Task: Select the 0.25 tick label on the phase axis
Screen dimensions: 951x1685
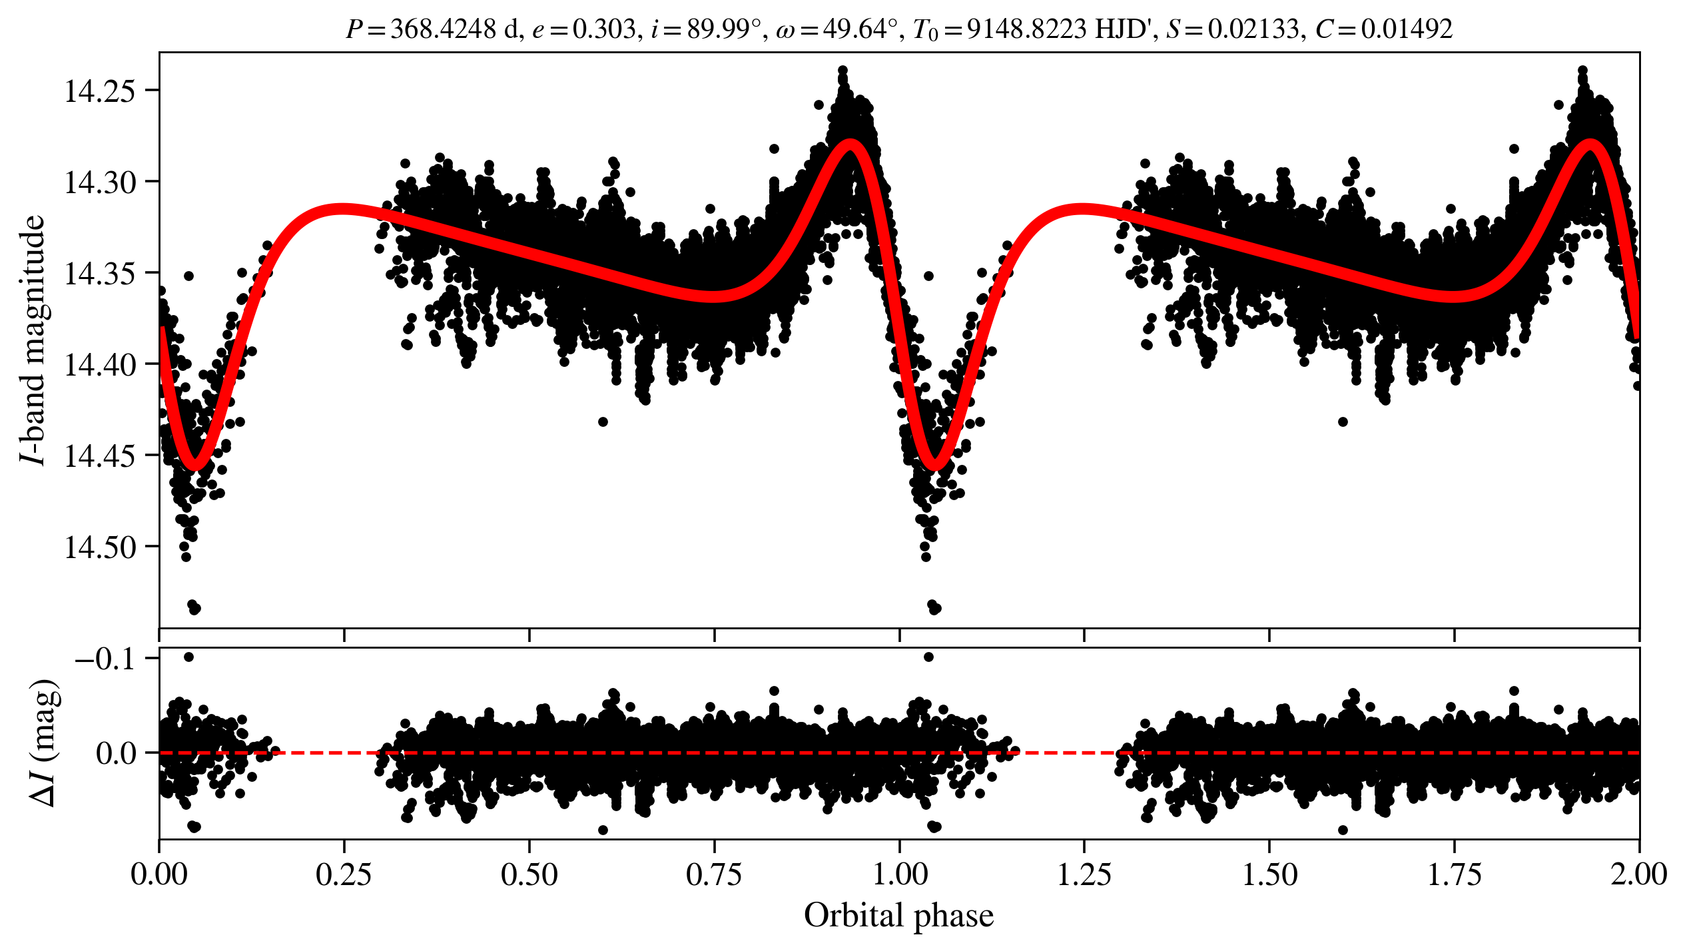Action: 344,874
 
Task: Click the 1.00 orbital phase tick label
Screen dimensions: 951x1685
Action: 899,874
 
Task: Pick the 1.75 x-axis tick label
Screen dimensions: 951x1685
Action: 1454,874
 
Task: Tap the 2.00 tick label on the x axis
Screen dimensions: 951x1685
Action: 1638,874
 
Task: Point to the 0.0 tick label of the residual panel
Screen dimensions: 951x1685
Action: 117,754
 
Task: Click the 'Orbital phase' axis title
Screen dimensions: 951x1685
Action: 898,916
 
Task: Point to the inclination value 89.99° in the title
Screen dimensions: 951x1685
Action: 723,29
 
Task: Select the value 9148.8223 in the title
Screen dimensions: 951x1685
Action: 1026,29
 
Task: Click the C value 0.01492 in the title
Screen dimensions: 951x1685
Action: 1406,29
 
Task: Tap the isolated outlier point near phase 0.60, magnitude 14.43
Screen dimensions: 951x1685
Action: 603,422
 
